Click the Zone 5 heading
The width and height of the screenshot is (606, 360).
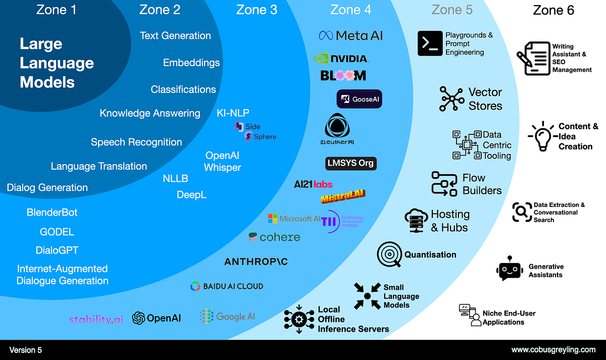point(451,10)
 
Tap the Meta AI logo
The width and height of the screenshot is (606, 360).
point(350,35)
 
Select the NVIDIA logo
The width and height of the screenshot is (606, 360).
point(341,59)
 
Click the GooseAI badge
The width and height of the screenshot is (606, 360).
point(359,99)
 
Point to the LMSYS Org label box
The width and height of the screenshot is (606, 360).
point(350,164)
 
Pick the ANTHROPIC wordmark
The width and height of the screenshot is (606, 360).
point(256,261)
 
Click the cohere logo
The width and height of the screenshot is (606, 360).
point(274,237)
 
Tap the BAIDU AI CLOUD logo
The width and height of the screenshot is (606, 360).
point(227,286)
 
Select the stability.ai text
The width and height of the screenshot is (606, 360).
point(96,319)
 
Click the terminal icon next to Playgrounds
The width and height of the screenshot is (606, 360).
point(430,43)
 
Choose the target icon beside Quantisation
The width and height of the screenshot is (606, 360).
point(389,254)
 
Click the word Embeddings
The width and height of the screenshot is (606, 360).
point(191,63)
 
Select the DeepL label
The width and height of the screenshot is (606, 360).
point(191,194)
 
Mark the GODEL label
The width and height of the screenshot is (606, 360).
point(57,232)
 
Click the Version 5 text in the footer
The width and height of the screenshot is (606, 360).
point(26,349)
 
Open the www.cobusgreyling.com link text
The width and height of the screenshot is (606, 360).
point(553,349)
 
